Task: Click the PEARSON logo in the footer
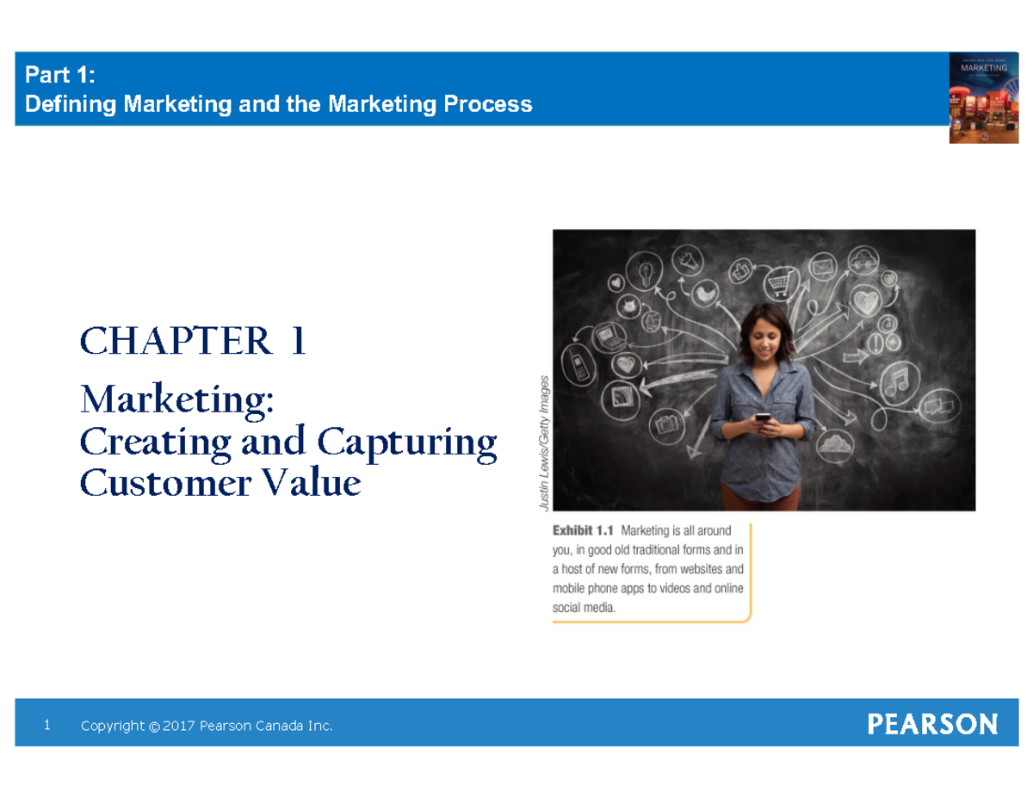click(932, 724)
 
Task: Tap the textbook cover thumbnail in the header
click(984, 97)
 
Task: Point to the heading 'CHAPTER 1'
click(193, 343)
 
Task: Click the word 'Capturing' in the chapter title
click(406, 442)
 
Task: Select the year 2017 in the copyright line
click(178, 727)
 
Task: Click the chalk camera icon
click(666, 423)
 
